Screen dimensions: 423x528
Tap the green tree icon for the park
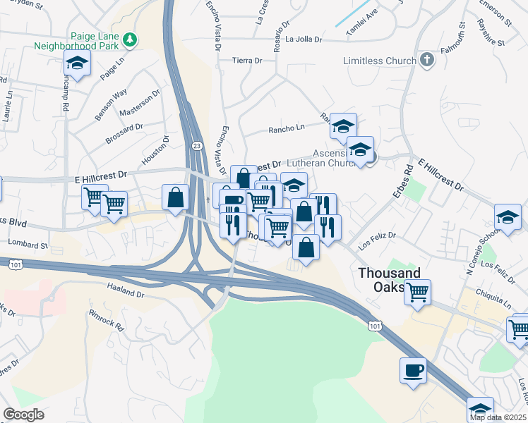(x=129, y=40)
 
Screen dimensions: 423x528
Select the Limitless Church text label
(x=379, y=61)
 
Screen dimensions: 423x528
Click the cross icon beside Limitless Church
(x=426, y=61)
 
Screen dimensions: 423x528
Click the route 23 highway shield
(x=196, y=145)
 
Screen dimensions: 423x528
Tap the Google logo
(x=23, y=415)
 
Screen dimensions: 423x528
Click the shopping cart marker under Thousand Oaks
(x=417, y=291)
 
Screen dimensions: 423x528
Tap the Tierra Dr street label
(x=248, y=61)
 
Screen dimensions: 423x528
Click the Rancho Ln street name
(x=286, y=129)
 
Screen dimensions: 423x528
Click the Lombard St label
(x=28, y=246)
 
